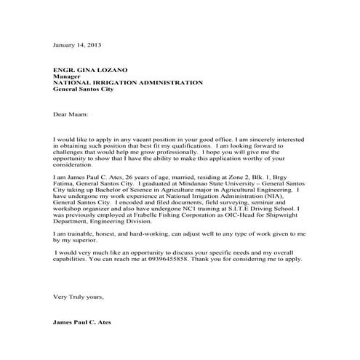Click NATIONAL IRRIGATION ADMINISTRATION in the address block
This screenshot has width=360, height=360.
tap(128, 83)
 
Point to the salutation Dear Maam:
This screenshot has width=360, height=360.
tap(69, 114)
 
